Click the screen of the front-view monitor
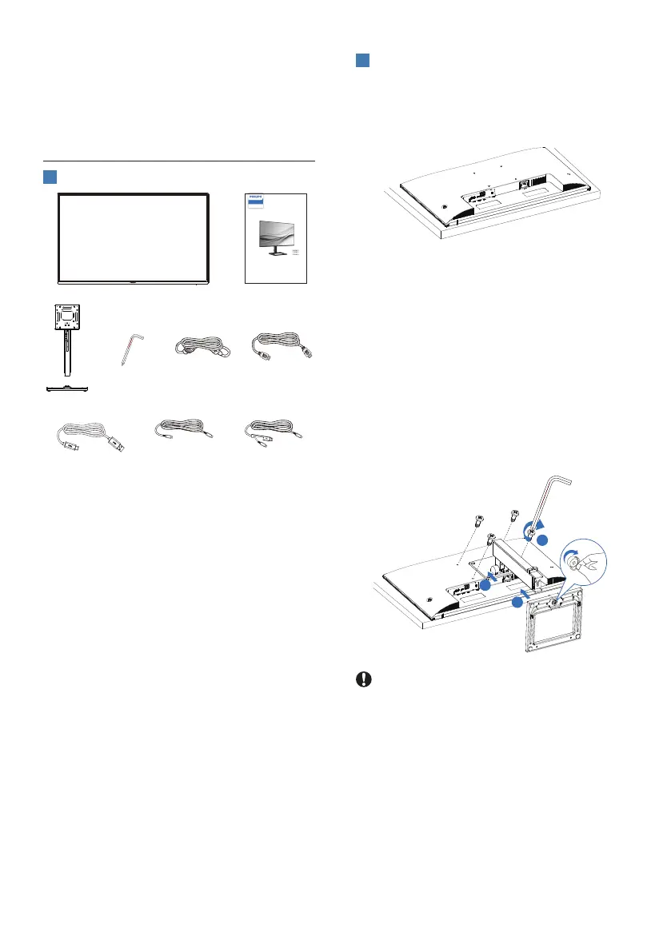point(134,236)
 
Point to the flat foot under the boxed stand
point(67,388)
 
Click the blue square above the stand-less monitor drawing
point(361,62)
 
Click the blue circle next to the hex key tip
point(541,541)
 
